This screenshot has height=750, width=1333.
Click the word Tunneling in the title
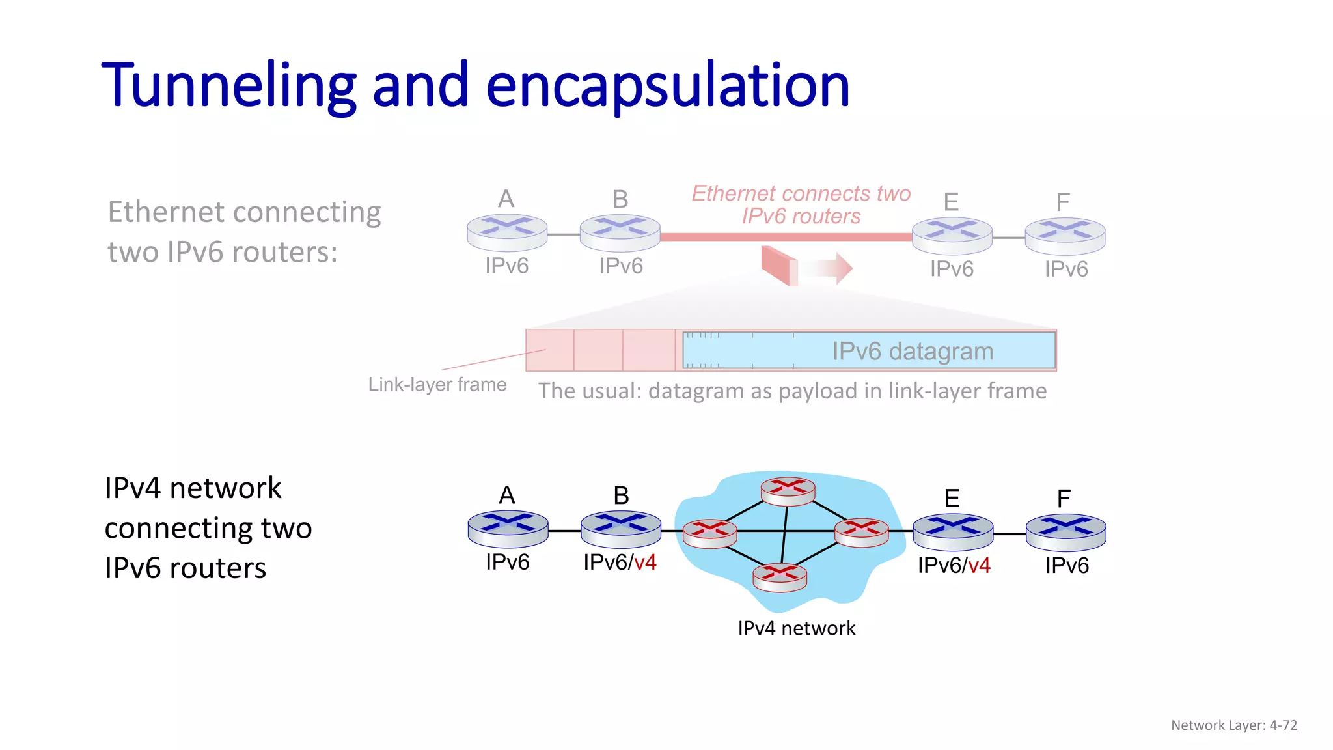pos(228,86)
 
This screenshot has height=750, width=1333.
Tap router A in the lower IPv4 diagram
pos(508,528)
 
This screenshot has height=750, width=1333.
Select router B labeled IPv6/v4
pos(620,528)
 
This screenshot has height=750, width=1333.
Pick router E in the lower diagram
pos(953,531)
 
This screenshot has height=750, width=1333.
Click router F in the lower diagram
pos(1065,531)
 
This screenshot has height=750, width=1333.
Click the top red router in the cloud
pos(788,492)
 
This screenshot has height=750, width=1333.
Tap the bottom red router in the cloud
pos(779,577)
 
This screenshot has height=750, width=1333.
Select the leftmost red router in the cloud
pos(709,533)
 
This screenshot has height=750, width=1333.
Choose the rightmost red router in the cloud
pos(861,532)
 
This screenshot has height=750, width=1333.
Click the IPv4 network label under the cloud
pos(796,628)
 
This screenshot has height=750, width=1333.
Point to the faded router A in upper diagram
pos(507,232)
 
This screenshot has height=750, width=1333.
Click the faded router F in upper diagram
pos(1065,235)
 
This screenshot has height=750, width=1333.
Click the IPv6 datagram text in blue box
pos(913,352)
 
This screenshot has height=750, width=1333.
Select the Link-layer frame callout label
pos(437,385)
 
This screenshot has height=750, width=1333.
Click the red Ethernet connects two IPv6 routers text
pos(801,204)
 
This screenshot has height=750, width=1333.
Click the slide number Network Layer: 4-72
pos(1233,725)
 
